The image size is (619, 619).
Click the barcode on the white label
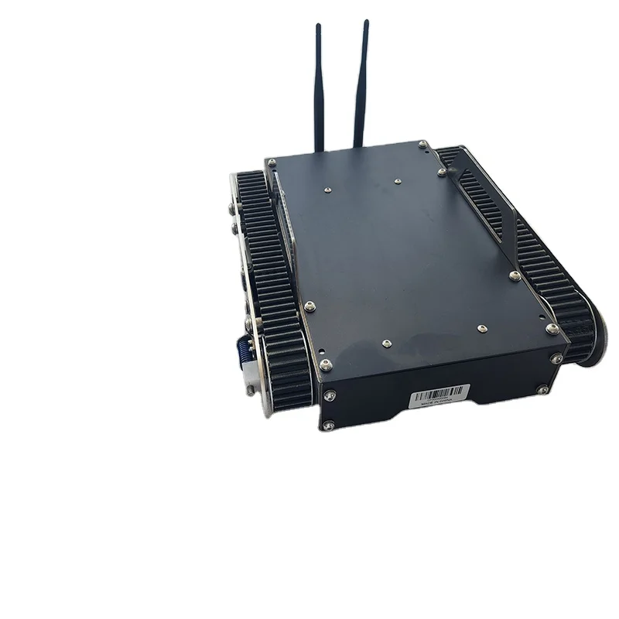click(440, 391)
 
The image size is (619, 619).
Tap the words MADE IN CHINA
click(439, 402)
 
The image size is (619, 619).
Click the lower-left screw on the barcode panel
click(329, 423)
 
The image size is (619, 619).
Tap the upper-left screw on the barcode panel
click(330, 395)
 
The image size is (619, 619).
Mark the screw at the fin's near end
click(513, 274)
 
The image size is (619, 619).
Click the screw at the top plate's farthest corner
click(422, 144)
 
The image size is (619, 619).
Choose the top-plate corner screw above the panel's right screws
click(551, 329)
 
